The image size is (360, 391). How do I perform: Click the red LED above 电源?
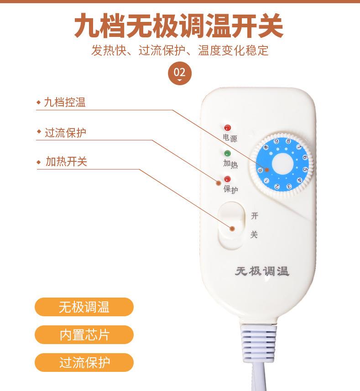[x=227, y=128]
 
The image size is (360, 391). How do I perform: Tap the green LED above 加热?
[x=227, y=154]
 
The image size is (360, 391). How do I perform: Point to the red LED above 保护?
[x=227, y=179]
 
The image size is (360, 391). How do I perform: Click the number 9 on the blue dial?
[x=277, y=142]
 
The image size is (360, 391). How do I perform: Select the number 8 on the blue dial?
[x=288, y=142]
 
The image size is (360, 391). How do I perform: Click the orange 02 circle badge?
[x=180, y=72]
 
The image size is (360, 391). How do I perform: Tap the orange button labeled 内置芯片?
[x=84, y=335]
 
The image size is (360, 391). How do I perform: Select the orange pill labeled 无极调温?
[x=84, y=307]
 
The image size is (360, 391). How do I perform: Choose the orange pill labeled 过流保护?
[x=84, y=363]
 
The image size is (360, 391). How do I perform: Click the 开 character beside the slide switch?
[x=255, y=216]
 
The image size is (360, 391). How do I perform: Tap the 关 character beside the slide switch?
[x=255, y=235]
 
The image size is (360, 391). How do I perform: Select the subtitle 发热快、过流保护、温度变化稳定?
[x=180, y=50]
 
